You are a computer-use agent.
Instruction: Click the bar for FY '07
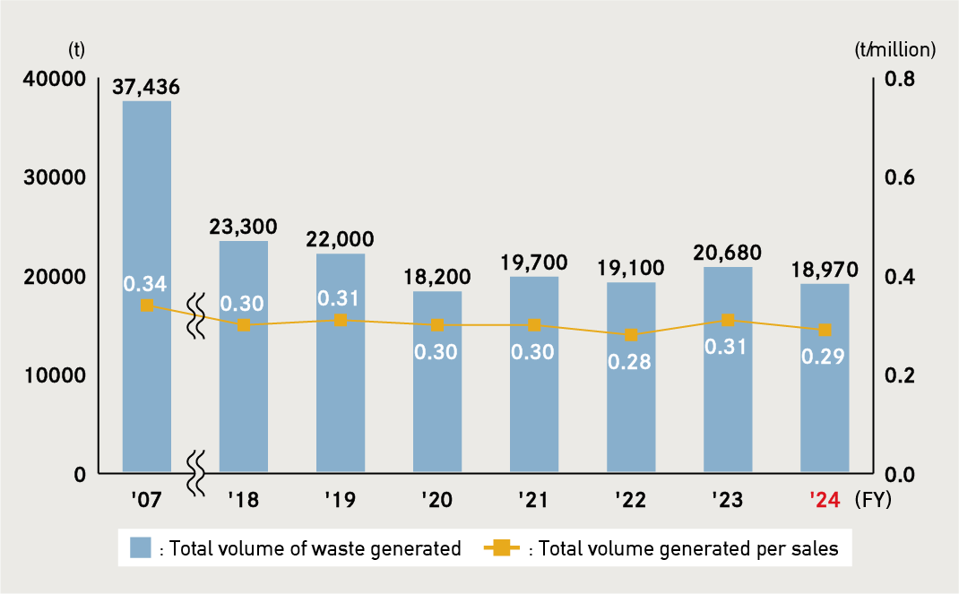point(147,287)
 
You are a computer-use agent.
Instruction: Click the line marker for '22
point(631,335)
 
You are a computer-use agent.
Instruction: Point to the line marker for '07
point(147,306)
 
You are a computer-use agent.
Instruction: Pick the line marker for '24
point(825,330)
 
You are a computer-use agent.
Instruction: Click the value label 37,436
point(147,87)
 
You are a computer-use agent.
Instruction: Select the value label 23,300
point(244,227)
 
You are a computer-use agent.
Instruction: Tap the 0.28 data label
point(631,362)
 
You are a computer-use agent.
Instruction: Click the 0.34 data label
point(145,284)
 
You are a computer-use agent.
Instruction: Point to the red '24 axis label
point(823,500)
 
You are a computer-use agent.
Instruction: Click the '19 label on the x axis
point(340,500)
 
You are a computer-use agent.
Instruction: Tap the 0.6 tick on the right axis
point(899,177)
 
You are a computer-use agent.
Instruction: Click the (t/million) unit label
point(895,50)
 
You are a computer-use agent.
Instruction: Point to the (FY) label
point(874,499)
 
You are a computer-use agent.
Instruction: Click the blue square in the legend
point(140,548)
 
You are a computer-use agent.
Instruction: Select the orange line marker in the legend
point(502,548)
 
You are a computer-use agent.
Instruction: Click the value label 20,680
point(728,253)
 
